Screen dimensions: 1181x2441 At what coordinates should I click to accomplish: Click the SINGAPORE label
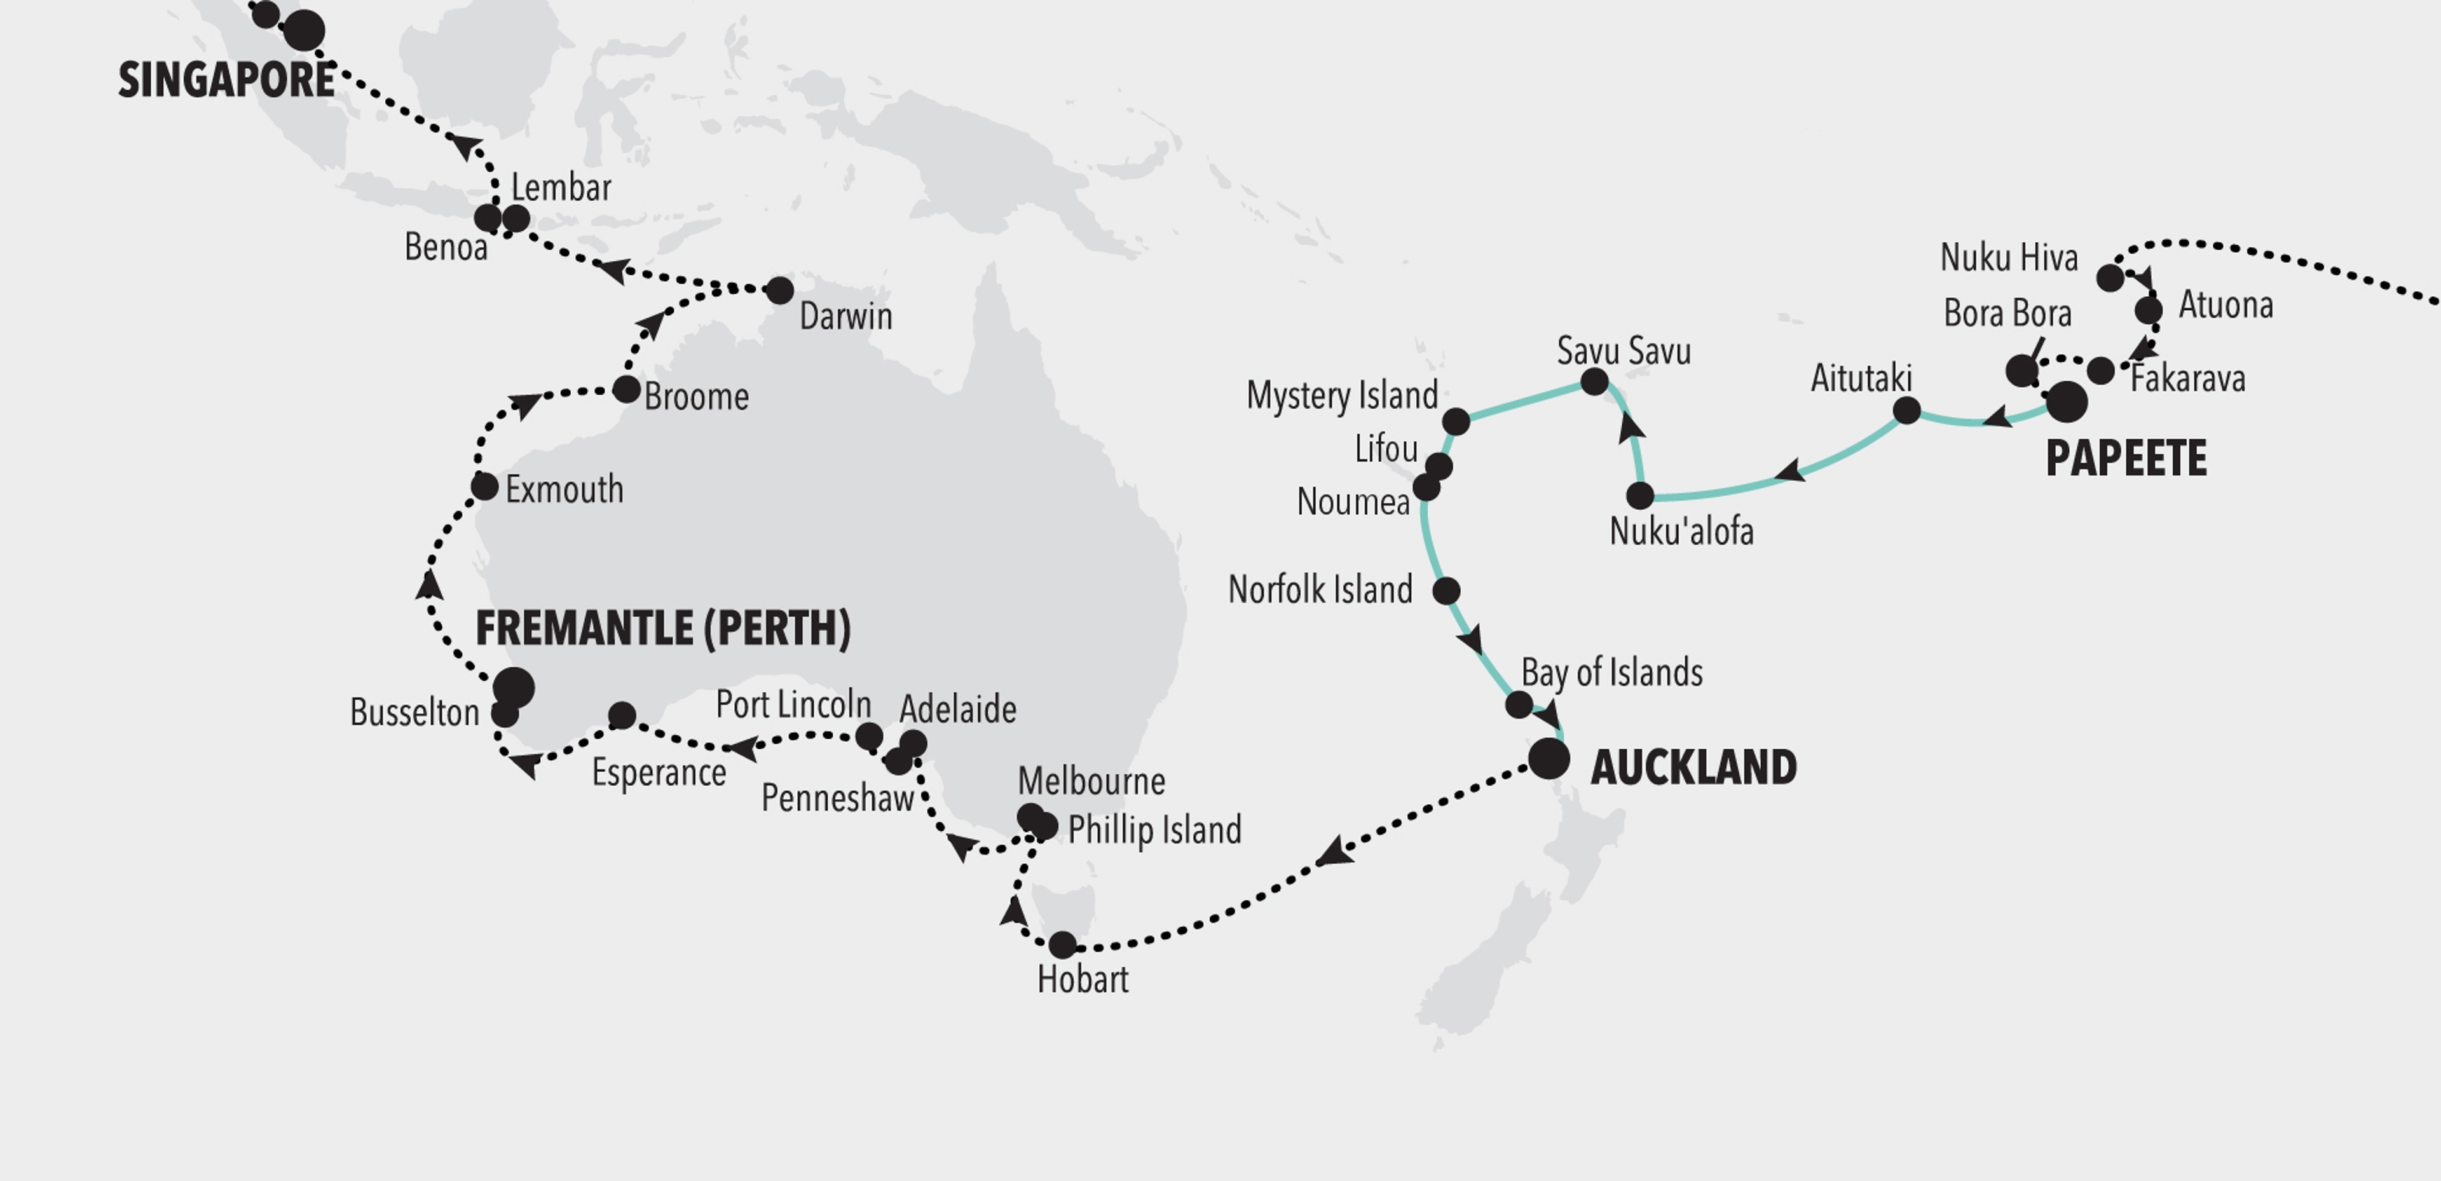coord(226,79)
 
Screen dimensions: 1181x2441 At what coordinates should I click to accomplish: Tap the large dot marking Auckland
coord(1549,759)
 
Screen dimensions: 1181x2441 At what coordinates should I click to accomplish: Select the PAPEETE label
coord(2126,459)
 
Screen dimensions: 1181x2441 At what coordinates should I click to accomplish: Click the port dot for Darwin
coord(779,290)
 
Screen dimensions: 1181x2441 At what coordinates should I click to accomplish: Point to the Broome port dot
coord(626,388)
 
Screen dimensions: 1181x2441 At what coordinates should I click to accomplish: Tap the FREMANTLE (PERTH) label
coord(662,629)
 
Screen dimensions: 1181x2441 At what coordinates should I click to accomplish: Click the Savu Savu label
coord(1624,352)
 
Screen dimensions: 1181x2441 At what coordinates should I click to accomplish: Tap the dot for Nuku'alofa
coord(1639,495)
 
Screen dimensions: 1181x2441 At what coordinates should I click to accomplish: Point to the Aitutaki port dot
coord(1906,411)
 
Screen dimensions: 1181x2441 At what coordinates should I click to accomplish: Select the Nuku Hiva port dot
coord(2109,278)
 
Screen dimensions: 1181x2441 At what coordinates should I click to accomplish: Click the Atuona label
coord(2225,305)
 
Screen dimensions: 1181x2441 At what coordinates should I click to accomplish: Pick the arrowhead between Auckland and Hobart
coord(1332,852)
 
